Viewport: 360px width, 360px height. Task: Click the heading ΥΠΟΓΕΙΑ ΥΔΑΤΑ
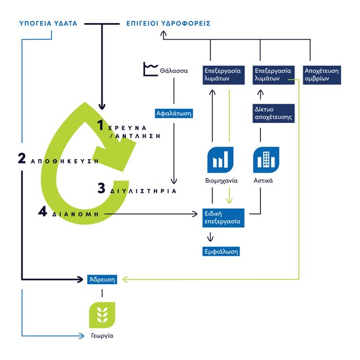[48, 23]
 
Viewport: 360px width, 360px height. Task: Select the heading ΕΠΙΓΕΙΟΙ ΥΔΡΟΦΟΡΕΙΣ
[168, 23]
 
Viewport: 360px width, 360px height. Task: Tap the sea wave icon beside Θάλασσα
[149, 70]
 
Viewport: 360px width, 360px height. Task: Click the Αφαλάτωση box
[174, 113]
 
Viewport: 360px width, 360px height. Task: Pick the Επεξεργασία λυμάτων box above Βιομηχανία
[222, 75]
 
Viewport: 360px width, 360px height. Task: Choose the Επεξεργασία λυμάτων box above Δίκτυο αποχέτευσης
[273, 75]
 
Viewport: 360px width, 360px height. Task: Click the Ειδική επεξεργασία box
[222, 218]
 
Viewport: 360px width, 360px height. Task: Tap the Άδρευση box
[102, 279]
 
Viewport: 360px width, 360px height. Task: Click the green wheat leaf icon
[102, 315]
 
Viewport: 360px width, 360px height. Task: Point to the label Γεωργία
[102, 336]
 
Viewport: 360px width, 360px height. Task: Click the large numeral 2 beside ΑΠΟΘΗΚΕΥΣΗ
[22, 159]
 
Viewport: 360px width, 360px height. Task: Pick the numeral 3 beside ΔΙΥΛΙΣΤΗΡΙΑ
[101, 188]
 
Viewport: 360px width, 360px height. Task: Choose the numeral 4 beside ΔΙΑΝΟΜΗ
[42, 212]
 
